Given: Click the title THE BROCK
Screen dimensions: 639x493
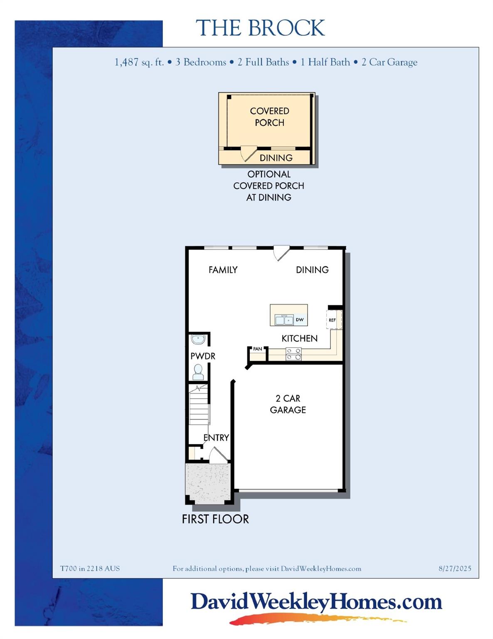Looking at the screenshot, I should pos(260,28).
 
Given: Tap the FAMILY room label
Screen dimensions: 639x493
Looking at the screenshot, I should pos(223,270).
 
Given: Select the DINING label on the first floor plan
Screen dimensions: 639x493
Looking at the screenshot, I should pos(312,270).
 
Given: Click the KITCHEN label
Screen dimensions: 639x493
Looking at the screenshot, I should pos(299,339).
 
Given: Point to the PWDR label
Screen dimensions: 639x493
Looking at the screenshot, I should pos(203,356).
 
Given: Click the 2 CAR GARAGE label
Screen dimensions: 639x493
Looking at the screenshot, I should pos(288,404).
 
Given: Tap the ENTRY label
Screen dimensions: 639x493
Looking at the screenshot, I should pos(216,438).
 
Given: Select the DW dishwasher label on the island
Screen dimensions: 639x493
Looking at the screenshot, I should pos(300,320).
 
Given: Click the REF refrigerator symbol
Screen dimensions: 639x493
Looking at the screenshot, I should pos(333,320).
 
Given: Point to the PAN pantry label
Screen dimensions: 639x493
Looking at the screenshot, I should pos(258,349).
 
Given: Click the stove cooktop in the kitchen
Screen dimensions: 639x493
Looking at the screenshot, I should pos(293,354).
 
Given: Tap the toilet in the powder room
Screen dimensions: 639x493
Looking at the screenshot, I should pos(198,372).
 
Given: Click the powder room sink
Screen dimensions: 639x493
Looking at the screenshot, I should pos(198,339).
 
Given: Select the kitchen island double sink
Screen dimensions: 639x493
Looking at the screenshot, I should pos(284,320).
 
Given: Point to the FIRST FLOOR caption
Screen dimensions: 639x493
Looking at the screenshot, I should pos(215,519).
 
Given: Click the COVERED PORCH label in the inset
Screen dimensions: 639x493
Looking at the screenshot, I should pos(269,117).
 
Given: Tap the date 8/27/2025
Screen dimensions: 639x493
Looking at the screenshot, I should pos(455,569).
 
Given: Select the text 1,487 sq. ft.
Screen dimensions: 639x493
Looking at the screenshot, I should pos(139,62).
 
